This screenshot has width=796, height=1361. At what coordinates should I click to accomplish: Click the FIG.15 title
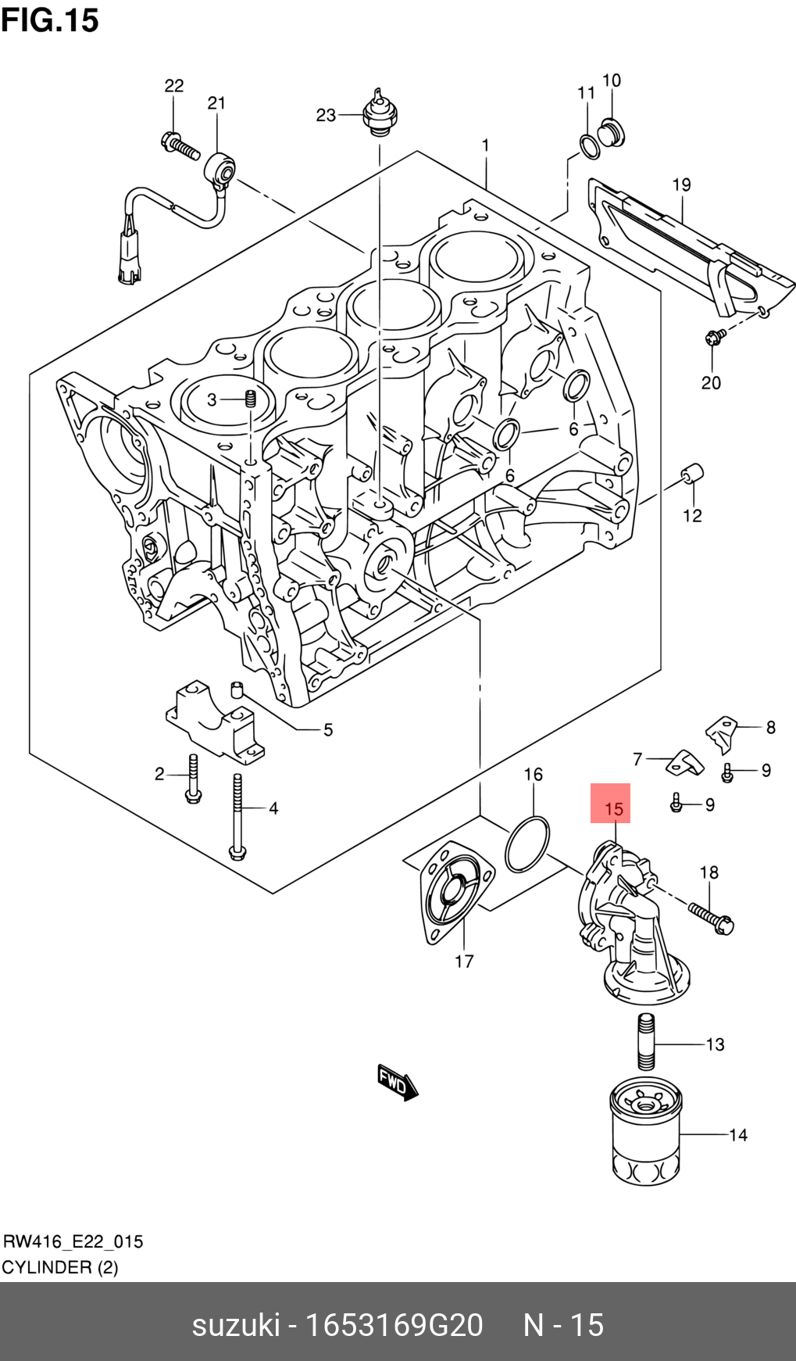coord(50,20)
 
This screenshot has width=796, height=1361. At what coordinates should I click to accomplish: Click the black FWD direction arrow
coord(397,1083)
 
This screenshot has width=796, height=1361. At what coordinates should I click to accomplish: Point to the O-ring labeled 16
coord(527,844)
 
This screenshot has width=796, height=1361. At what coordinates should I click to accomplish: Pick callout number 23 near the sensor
coord(326,116)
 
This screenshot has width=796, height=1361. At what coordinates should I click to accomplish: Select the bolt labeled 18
coord(711,918)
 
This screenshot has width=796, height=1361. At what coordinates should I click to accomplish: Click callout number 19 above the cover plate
coord(681,185)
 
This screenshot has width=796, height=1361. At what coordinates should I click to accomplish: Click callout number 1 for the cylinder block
coord(485,145)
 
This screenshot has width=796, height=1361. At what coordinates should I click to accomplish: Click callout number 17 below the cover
coord(464,962)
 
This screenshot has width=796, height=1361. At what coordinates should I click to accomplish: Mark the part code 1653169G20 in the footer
coord(393,1324)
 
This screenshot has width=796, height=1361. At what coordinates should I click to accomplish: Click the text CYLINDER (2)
coord(60,1267)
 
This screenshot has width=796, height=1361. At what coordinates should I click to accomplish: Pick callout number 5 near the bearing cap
coord(328,729)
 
